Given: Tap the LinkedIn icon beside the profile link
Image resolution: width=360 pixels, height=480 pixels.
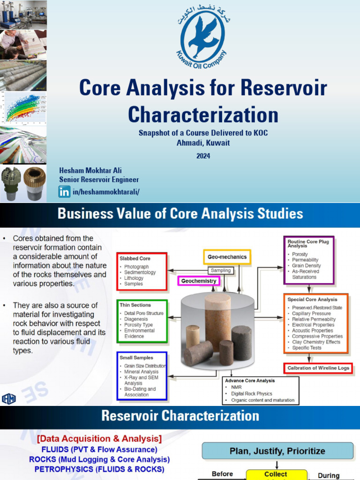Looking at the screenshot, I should pos(64,191).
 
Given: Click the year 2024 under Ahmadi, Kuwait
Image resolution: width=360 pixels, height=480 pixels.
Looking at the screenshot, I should pos(203,156).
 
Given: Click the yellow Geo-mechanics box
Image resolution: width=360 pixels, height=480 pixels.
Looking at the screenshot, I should pos(227,257).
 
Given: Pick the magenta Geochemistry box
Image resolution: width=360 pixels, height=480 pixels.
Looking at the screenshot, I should pos(199,281).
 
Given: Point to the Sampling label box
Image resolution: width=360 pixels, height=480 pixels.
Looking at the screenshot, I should pos(220,270).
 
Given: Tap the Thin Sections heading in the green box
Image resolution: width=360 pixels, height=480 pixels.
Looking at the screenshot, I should pos(135,305).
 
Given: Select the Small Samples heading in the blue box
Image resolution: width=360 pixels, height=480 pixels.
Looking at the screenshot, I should pos(136,357).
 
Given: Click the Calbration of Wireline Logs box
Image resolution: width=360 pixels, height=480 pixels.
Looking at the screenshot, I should pos(318,368).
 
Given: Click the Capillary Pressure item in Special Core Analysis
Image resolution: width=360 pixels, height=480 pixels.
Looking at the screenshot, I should pos(311,313).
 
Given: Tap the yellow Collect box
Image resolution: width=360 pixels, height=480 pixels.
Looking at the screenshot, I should pos(276,474).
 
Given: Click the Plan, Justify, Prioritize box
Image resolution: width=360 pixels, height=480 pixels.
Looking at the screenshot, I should pos(277,451).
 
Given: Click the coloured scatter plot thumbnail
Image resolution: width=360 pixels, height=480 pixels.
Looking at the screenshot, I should pos(23,107).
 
